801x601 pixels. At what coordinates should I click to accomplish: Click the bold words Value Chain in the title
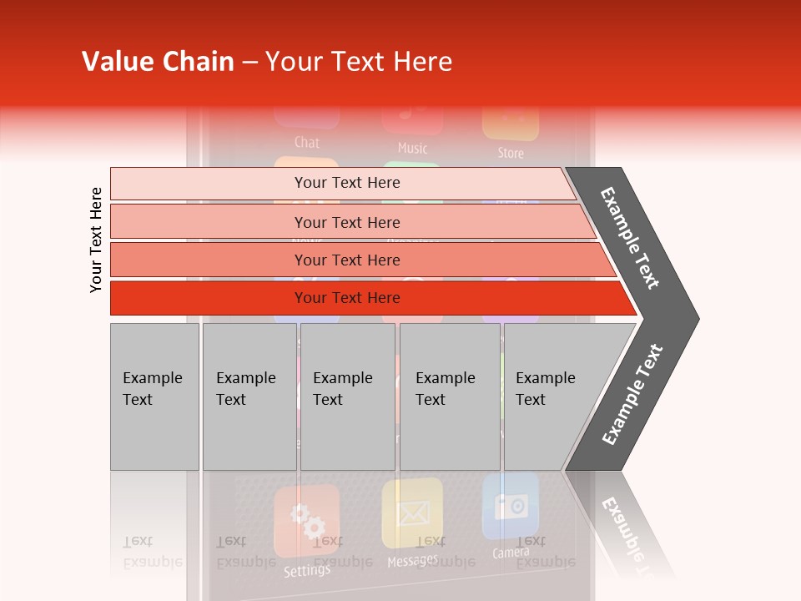coord(158,62)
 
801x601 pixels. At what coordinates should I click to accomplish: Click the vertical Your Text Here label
coord(96,240)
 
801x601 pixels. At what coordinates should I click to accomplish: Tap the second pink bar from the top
coord(347,222)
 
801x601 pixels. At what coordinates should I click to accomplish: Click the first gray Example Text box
coord(154,396)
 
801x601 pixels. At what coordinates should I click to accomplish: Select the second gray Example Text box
coord(249,396)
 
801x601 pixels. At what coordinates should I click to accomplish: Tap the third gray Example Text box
coord(347,396)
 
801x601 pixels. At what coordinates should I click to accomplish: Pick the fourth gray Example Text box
coord(450,396)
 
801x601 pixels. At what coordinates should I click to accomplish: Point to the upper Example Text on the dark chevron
coord(631,238)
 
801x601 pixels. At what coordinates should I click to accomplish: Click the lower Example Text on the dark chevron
coord(633,394)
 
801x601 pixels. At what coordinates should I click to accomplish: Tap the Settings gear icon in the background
coord(307,522)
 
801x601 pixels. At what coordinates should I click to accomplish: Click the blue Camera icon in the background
coord(511,505)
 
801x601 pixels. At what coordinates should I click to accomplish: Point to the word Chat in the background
coord(307,142)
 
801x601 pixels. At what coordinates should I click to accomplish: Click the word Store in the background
coord(511,153)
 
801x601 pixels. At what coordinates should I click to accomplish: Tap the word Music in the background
coord(412,148)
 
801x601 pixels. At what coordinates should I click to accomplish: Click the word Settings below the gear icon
coord(306,571)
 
